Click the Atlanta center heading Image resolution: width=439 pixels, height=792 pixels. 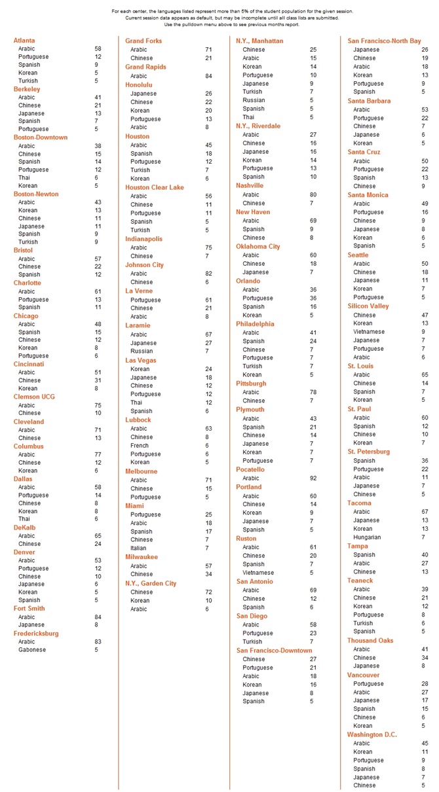tap(24, 41)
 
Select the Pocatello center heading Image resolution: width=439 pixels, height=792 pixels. tap(250, 469)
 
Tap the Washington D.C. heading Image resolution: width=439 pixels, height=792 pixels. tap(372, 734)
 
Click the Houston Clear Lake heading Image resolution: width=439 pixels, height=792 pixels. tap(155, 187)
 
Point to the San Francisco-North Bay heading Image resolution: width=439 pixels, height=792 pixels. tap(384, 41)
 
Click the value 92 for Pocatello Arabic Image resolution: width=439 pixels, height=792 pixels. tap(313, 478)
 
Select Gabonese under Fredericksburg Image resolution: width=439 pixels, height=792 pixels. tap(31, 650)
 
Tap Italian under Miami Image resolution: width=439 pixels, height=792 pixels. tap(138, 548)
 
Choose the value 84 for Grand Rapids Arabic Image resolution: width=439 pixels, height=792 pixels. tap(208, 76)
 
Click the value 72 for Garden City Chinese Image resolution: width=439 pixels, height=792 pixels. tap(208, 592)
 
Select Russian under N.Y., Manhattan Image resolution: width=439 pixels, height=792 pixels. tap(254, 100)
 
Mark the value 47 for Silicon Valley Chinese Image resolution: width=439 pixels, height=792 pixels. tap(425, 315)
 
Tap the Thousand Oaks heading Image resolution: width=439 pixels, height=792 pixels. tap(370, 640)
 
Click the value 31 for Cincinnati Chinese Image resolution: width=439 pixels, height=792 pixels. tap(98, 380)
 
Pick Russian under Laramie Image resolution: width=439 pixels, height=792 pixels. tap(140, 351)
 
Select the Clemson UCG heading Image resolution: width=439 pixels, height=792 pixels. tap(34, 397)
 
